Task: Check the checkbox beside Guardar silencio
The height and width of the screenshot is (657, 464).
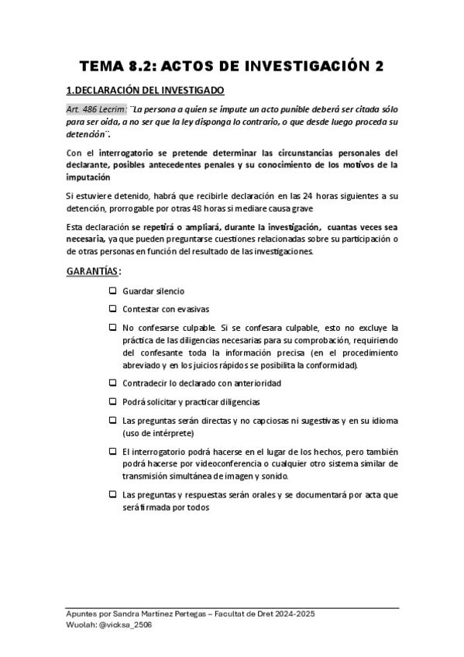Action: [112, 291]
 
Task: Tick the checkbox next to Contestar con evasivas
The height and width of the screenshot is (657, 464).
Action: [112, 309]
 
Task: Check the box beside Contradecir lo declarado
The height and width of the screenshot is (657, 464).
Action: [112, 383]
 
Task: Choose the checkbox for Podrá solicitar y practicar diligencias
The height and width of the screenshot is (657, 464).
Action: [112, 401]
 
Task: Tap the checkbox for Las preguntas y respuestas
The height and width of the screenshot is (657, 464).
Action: [112, 494]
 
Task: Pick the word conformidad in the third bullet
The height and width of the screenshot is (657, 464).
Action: [332, 365]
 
